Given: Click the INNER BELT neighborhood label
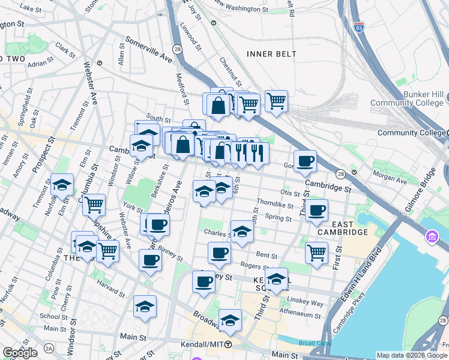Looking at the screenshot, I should (272, 54).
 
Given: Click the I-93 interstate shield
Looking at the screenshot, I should (358, 28).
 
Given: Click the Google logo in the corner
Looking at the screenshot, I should (20, 353).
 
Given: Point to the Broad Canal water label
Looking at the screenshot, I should (315, 343).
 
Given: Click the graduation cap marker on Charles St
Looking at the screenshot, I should (241, 232).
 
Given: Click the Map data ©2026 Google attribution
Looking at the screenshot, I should (411, 355).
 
